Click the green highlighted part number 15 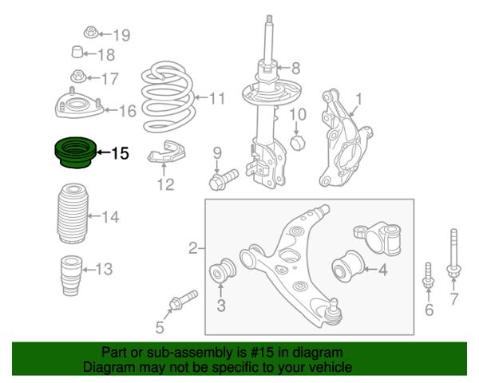(x=76, y=152)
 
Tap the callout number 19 (x=122, y=35)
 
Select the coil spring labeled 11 (x=168, y=97)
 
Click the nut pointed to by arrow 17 (x=78, y=76)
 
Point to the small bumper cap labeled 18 (x=77, y=52)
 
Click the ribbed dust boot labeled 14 (x=73, y=213)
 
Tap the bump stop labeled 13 (x=72, y=275)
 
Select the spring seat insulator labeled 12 (x=167, y=152)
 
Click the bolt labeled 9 (x=224, y=180)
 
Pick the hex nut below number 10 (x=297, y=142)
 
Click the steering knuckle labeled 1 (x=345, y=138)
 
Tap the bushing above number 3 (x=223, y=270)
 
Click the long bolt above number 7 (x=453, y=254)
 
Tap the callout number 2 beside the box (x=193, y=249)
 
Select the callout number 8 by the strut (x=295, y=68)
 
